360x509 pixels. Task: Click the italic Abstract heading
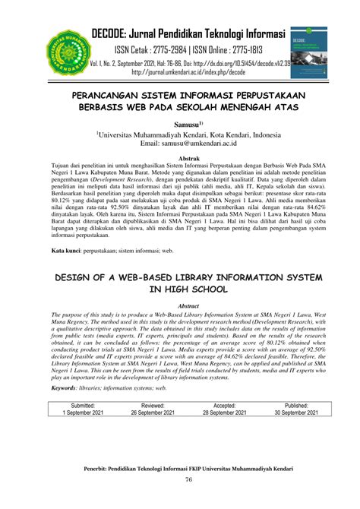tap(179, 284)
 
